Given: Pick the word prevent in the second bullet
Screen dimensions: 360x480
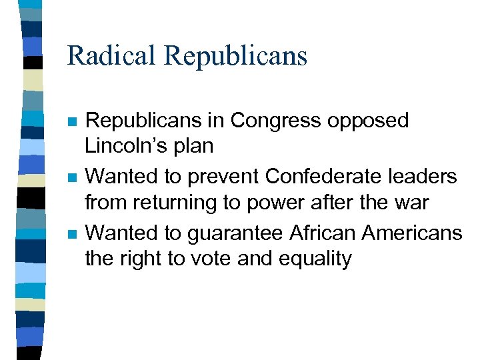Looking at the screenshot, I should [225, 176].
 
